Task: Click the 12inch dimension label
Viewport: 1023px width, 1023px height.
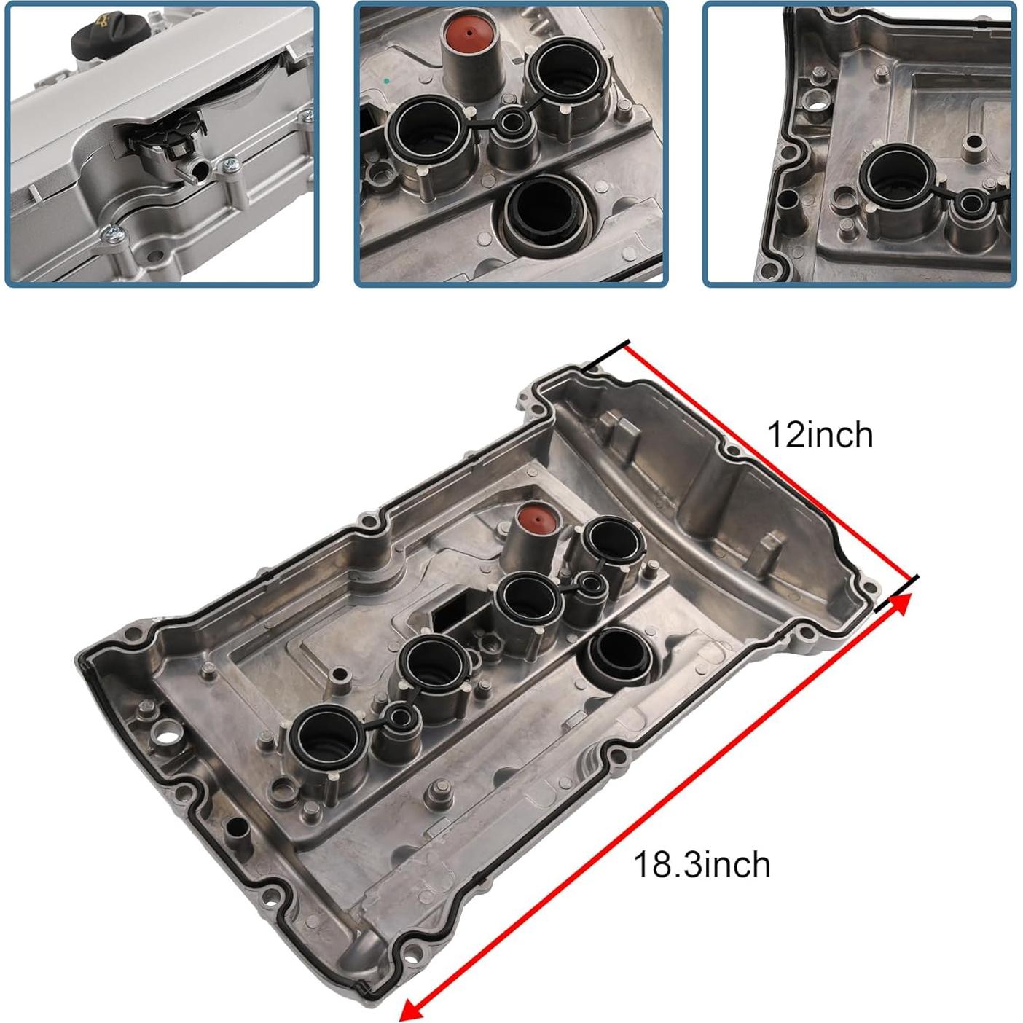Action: point(819,435)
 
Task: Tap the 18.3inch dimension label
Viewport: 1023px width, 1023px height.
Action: point(701,865)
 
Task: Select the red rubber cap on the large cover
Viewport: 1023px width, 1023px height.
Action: point(536,520)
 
